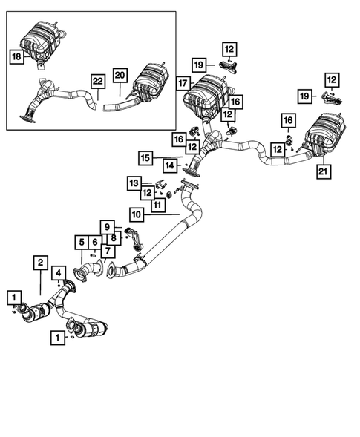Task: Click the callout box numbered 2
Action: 40,262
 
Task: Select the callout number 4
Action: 57,276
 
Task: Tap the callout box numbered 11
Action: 157,204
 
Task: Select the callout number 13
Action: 134,183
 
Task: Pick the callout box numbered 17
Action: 184,84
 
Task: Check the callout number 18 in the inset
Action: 16,56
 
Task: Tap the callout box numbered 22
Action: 96,80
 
